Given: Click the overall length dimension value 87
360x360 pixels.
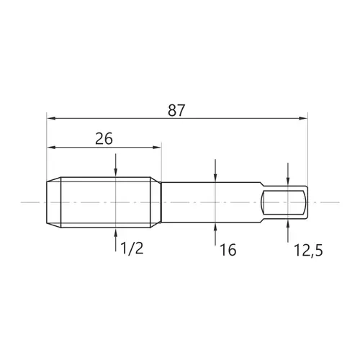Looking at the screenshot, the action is pyautogui.click(x=176, y=110).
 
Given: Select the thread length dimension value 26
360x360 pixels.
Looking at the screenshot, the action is pyautogui.click(x=104, y=139).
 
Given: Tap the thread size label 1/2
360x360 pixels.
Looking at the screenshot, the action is pyautogui.click(x=132, y=248).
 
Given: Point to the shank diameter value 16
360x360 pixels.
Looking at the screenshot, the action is pyautogui.click(x=228, y=250).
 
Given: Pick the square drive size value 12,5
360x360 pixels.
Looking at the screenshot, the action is pyautogui.click(x=308, y=251).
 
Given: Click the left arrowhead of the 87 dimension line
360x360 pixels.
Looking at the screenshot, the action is pyautogui.click(x=51, y=118).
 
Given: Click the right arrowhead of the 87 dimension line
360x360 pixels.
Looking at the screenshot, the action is pyautogui.click(x=303, y=118).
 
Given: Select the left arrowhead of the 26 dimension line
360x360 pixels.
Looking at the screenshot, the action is pyautogui.click(x=51, y=147).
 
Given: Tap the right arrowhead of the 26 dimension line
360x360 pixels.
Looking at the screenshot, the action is pyautogui.click(x=156, y=147).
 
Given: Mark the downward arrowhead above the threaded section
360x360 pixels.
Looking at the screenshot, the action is pyautogui.click(x=116, y=173).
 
